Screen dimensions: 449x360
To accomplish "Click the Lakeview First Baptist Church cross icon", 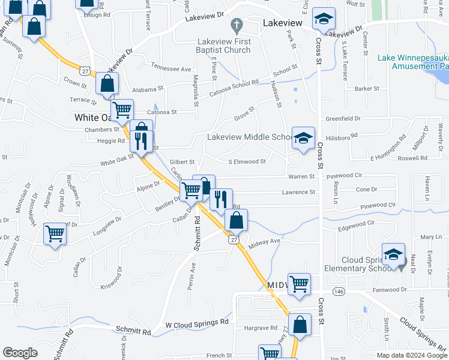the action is (x=237, y=25).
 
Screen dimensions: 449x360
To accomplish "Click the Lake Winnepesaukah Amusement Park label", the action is (x=413, y=62).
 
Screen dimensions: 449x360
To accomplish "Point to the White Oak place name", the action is (x=94, y=118).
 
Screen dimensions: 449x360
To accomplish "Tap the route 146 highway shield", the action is (x=340, y=291).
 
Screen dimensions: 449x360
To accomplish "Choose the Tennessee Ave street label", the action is (x=170, y=68).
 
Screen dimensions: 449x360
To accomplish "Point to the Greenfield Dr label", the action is (x=343, y=119).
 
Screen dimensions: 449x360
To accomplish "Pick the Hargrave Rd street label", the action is (x=259, y=329).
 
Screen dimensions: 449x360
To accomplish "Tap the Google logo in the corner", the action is (x=20, y=353).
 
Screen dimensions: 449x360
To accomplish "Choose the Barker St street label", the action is (x=367, y=89).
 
